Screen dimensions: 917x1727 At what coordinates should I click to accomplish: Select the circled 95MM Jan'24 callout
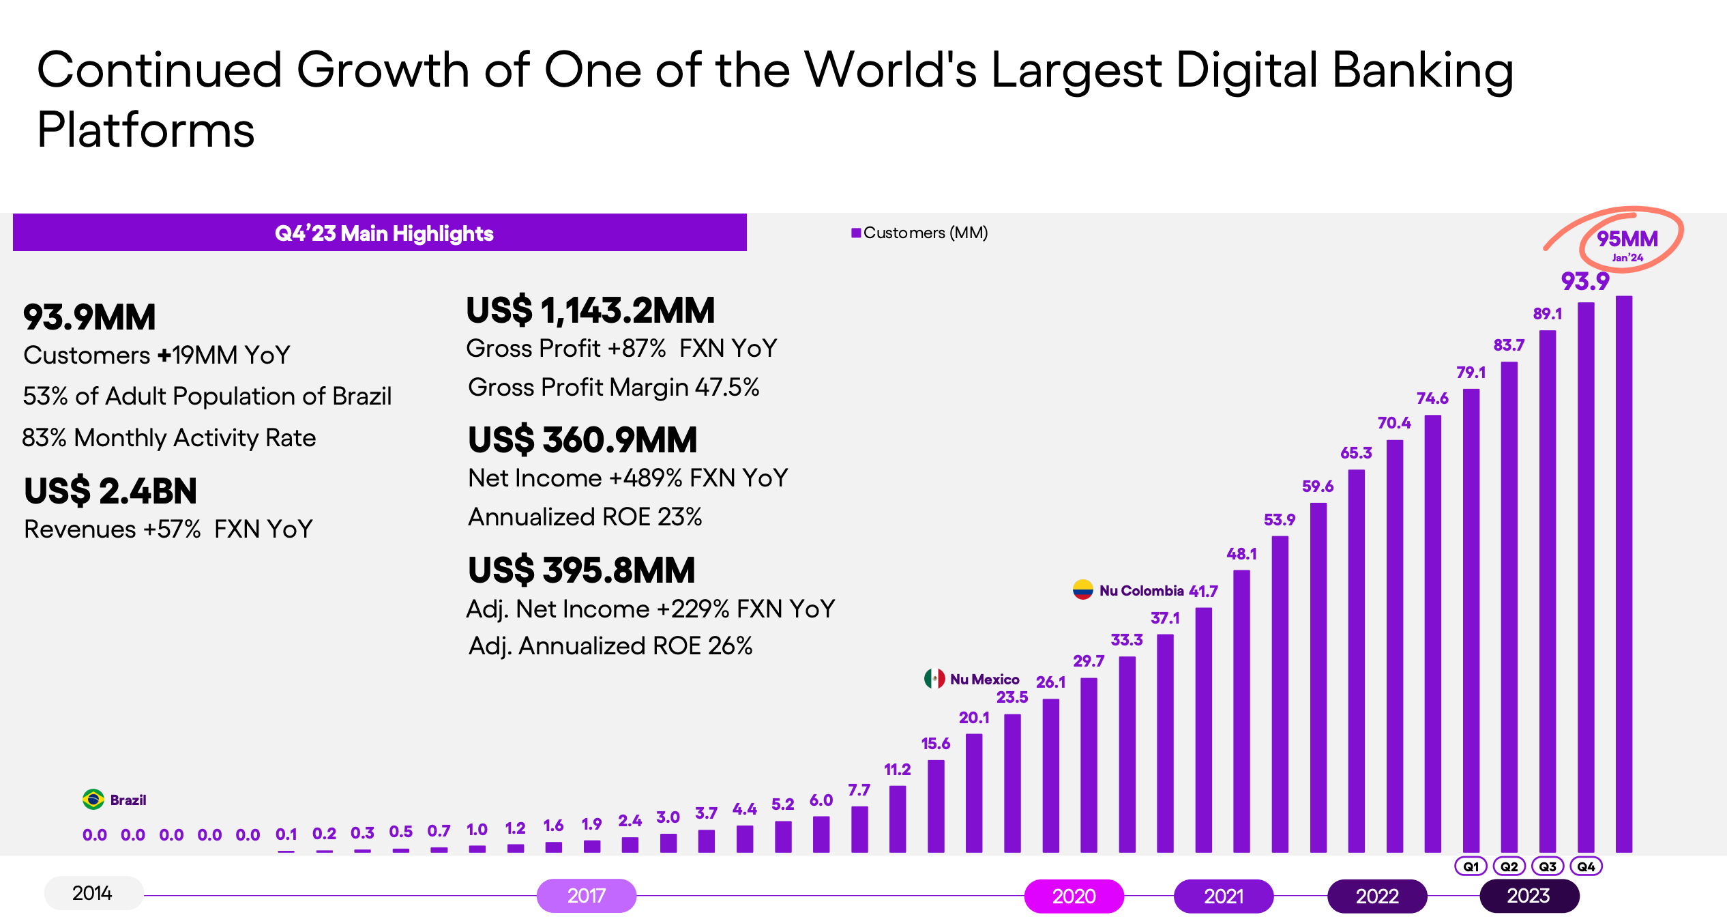(1628, 242)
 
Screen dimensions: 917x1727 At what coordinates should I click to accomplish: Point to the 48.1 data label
(1241, 554)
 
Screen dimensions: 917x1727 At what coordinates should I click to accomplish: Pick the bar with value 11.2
(898, 818)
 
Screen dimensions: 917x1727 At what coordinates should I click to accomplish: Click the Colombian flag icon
(1082, 589)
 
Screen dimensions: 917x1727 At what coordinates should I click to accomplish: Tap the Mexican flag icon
(934, 678)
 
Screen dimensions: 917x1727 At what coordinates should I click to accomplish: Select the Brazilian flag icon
(93, 799)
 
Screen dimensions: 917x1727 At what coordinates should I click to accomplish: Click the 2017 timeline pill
(586, 895)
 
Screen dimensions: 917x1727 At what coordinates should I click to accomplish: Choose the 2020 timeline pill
(1074, 895)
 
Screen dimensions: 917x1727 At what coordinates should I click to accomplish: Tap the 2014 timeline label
(93, 892)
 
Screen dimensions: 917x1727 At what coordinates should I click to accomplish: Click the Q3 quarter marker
(1548, 866)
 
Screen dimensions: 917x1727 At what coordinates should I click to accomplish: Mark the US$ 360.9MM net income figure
(582, 440)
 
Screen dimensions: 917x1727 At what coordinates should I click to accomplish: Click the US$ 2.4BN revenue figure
(110, 491)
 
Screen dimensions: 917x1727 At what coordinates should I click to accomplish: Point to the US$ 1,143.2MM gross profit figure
(590, 310)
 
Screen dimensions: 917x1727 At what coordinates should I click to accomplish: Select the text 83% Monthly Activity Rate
(168, 437)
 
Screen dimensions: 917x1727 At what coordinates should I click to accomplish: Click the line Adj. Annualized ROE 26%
(610, 645)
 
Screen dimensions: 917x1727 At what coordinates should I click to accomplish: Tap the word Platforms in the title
(145, 130)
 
